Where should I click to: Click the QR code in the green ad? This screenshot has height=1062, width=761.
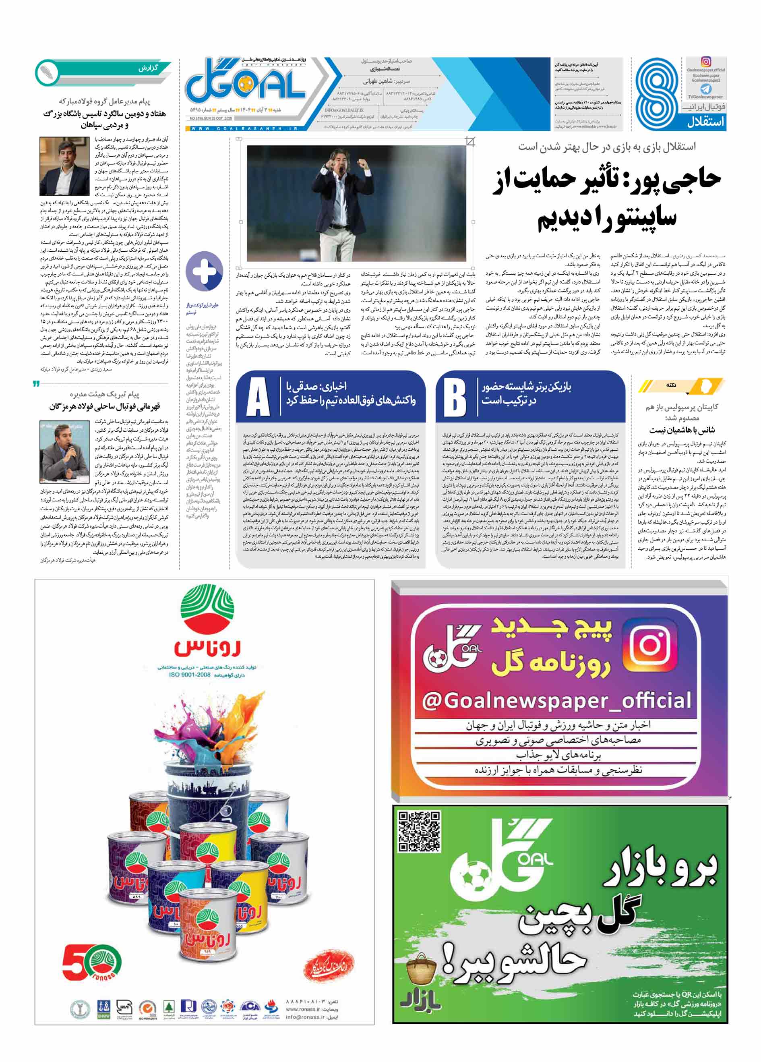[419, 831]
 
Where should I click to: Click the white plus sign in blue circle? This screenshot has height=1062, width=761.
[204, 271]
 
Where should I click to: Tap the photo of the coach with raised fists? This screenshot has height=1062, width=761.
[357, 202]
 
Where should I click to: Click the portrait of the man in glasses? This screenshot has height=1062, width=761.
[64, 167]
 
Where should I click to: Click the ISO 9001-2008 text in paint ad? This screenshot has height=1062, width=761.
[189, 675]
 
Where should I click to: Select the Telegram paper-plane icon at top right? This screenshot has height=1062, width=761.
[706, 89]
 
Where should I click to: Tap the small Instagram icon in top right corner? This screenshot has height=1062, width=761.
[706, 62]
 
